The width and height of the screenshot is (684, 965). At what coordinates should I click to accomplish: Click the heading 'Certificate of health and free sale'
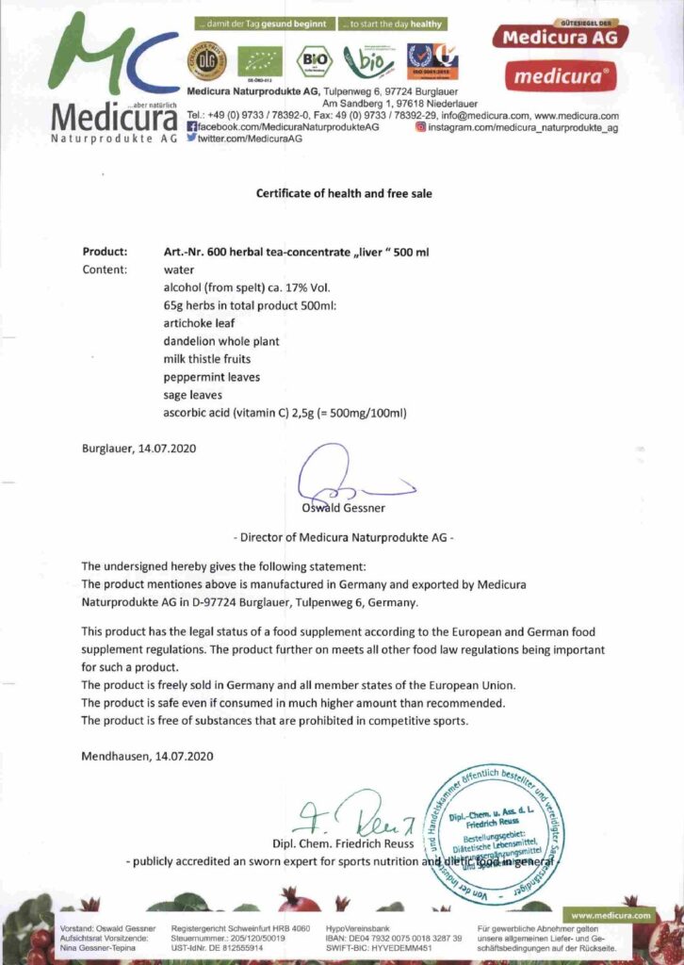(345, 193)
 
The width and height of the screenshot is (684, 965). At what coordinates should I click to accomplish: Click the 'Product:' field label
(105, 252)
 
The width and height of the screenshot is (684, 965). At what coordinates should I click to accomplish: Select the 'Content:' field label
(105, 270)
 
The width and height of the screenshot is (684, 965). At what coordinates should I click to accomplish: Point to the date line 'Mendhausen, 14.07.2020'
(148, 756)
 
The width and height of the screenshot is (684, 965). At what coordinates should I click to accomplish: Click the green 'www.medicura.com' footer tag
(611, 915)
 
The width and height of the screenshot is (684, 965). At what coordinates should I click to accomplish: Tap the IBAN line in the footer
(394, 939)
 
